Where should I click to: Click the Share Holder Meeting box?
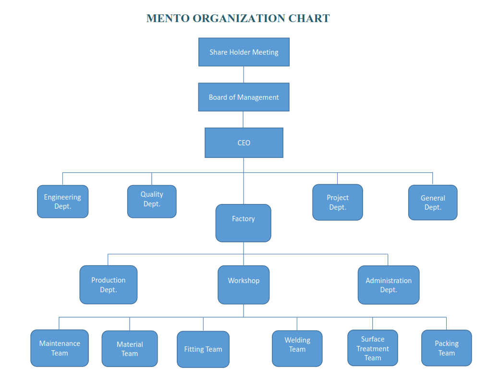tap(244, 52)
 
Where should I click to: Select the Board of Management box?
tap(244, 97)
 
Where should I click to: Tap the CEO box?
tap(244, 142)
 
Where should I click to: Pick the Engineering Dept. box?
tap(63, 202)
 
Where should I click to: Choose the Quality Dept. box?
tap(152, 202)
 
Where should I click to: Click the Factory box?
tap(243, 223)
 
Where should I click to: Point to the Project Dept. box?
tap(338, 202)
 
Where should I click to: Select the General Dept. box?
tap(433, 202)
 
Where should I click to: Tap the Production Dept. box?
tap(109, 285)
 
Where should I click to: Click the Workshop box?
tap(243, 285)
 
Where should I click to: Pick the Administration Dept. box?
tap(389, 285)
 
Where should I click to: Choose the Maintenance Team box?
tap(60, 348)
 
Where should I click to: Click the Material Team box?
tap(130, 349)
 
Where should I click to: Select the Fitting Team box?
tap(203, 349)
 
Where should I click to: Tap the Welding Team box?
tap(297, 348)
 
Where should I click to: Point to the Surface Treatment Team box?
tap(373, 348)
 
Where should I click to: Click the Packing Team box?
tap(447, 348)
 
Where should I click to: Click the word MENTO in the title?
tap(168, 18)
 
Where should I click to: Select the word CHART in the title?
tap(309, 18)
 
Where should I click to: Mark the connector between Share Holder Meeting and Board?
tap(243, 74)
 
